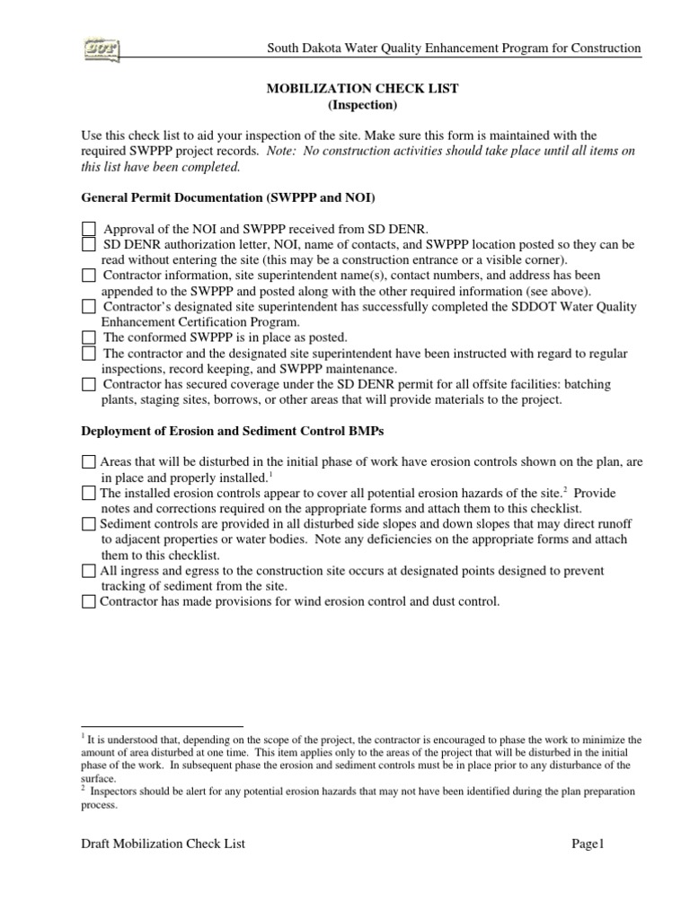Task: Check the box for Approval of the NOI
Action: [88, 230]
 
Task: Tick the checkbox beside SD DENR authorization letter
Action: [88, 244]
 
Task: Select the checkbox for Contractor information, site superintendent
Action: [88, 276]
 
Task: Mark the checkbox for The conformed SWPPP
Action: [88, 337]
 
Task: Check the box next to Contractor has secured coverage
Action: [88, 384]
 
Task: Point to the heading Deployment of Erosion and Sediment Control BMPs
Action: [233, 431]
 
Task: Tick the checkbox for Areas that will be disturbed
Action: [88, 462]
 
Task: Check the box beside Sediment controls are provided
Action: [88, 524]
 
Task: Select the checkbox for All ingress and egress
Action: [88, 571]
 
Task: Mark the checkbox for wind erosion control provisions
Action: [88, 602]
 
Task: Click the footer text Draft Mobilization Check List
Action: [163, 844]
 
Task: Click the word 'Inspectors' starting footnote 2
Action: [119, 792]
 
